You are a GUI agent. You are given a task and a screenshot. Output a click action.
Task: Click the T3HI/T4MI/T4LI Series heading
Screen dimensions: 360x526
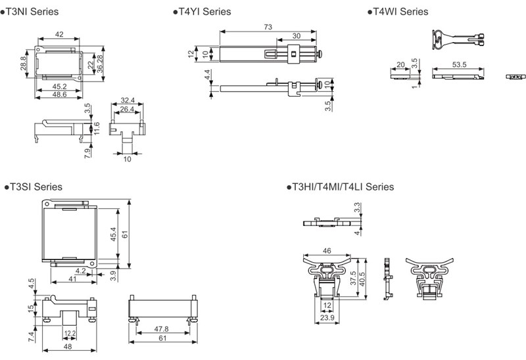[342, 187]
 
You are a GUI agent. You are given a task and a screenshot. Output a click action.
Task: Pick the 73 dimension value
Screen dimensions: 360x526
[268, 27]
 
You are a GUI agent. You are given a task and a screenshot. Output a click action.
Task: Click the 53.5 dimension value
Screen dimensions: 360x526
[458, 64]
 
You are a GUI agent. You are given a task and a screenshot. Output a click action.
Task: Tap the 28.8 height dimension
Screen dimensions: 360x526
[24, 64]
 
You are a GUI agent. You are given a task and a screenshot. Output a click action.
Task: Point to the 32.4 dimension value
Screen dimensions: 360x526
[129, 101]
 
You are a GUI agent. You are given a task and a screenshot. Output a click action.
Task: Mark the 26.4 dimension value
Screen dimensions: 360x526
[129, 109]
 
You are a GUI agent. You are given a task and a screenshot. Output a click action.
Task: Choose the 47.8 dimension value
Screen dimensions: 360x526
[162, 328]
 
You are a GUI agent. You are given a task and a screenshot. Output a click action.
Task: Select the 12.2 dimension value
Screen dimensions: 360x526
[70, 334]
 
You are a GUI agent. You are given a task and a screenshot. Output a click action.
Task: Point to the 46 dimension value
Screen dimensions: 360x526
[327, 251]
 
